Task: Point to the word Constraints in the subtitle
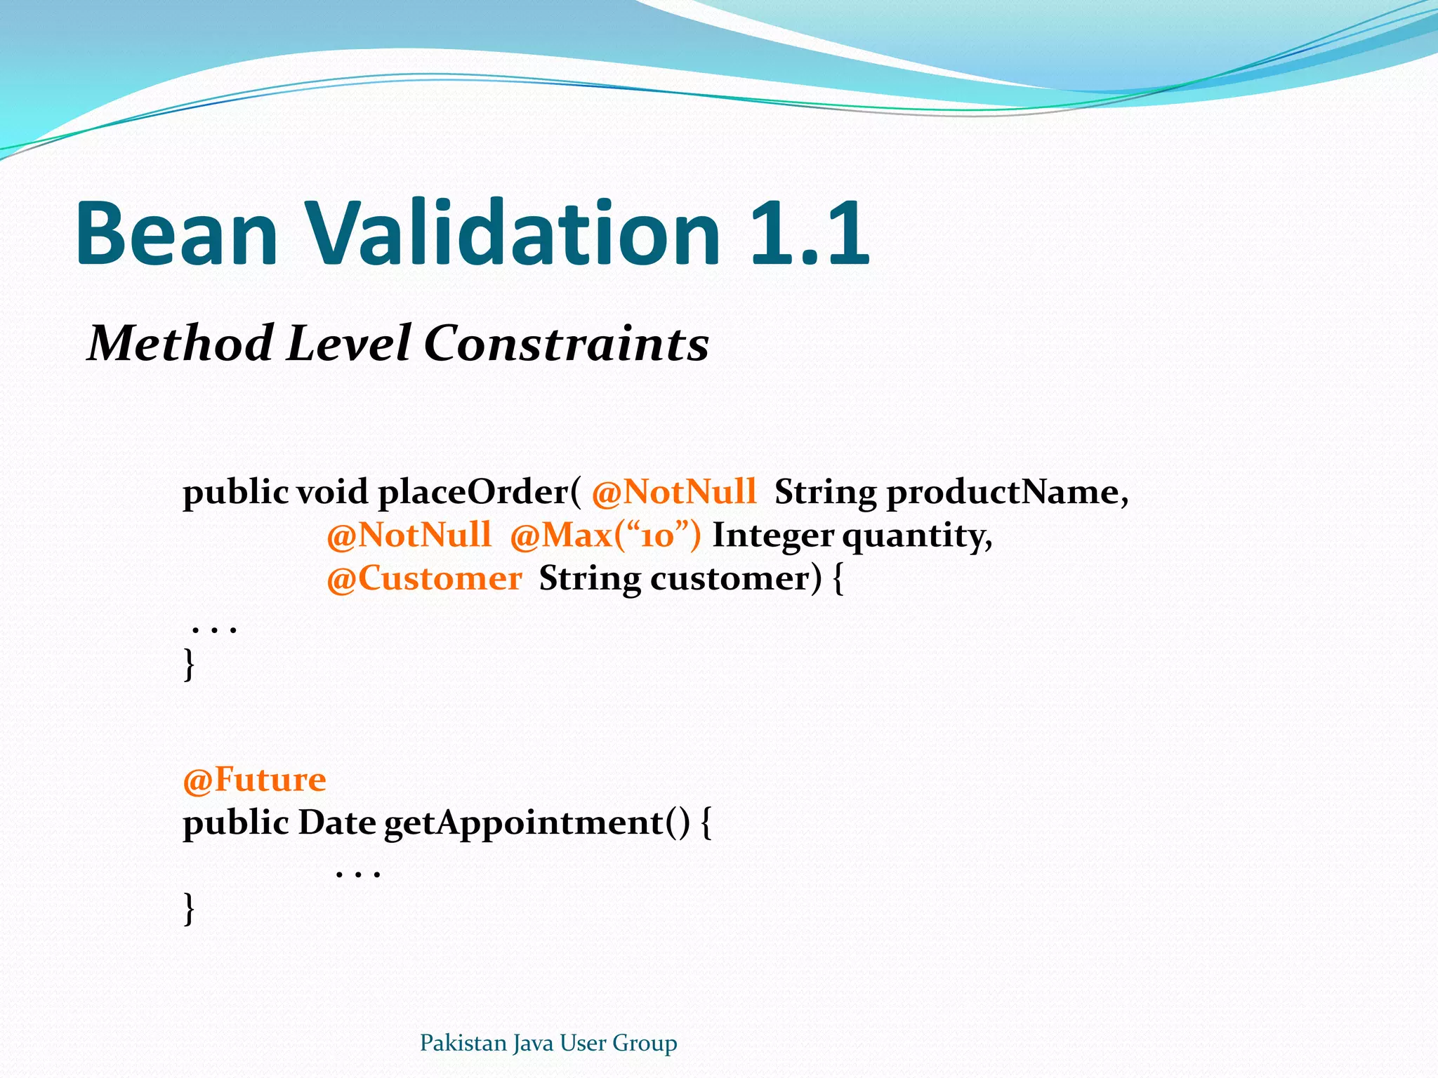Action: pos(566,344)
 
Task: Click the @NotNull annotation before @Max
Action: pos(409,535)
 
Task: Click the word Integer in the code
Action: pos(773,535)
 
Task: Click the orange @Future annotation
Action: pos(254,780)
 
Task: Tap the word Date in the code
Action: pos(337,823)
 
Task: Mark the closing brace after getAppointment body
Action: pos(188,908)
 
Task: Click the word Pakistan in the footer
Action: pos(463,1043)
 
